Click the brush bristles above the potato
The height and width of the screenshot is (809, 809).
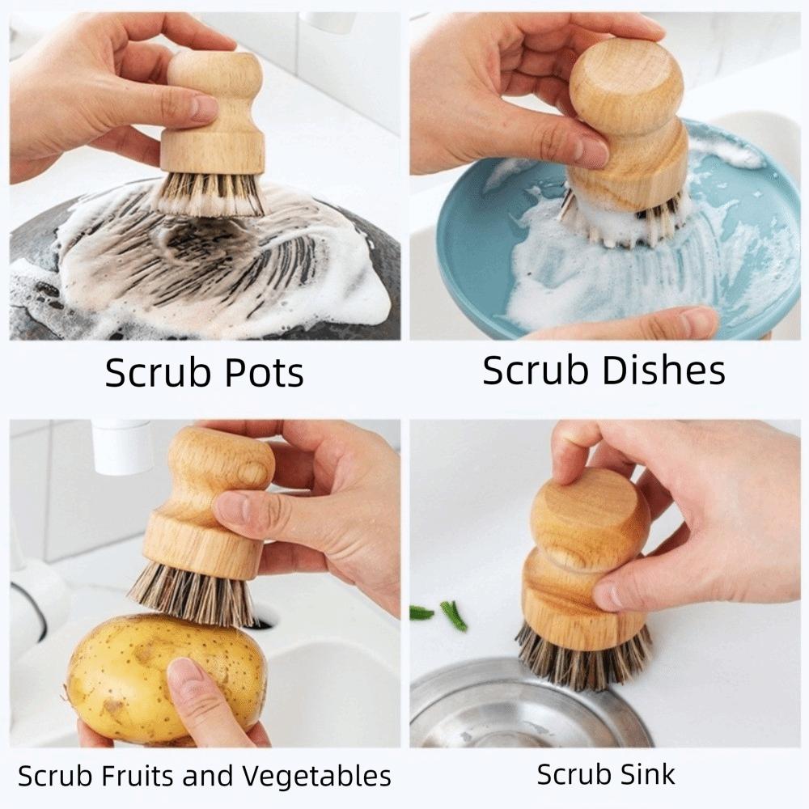click(194, 595)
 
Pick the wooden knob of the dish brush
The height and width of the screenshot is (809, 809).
click(627, 89)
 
